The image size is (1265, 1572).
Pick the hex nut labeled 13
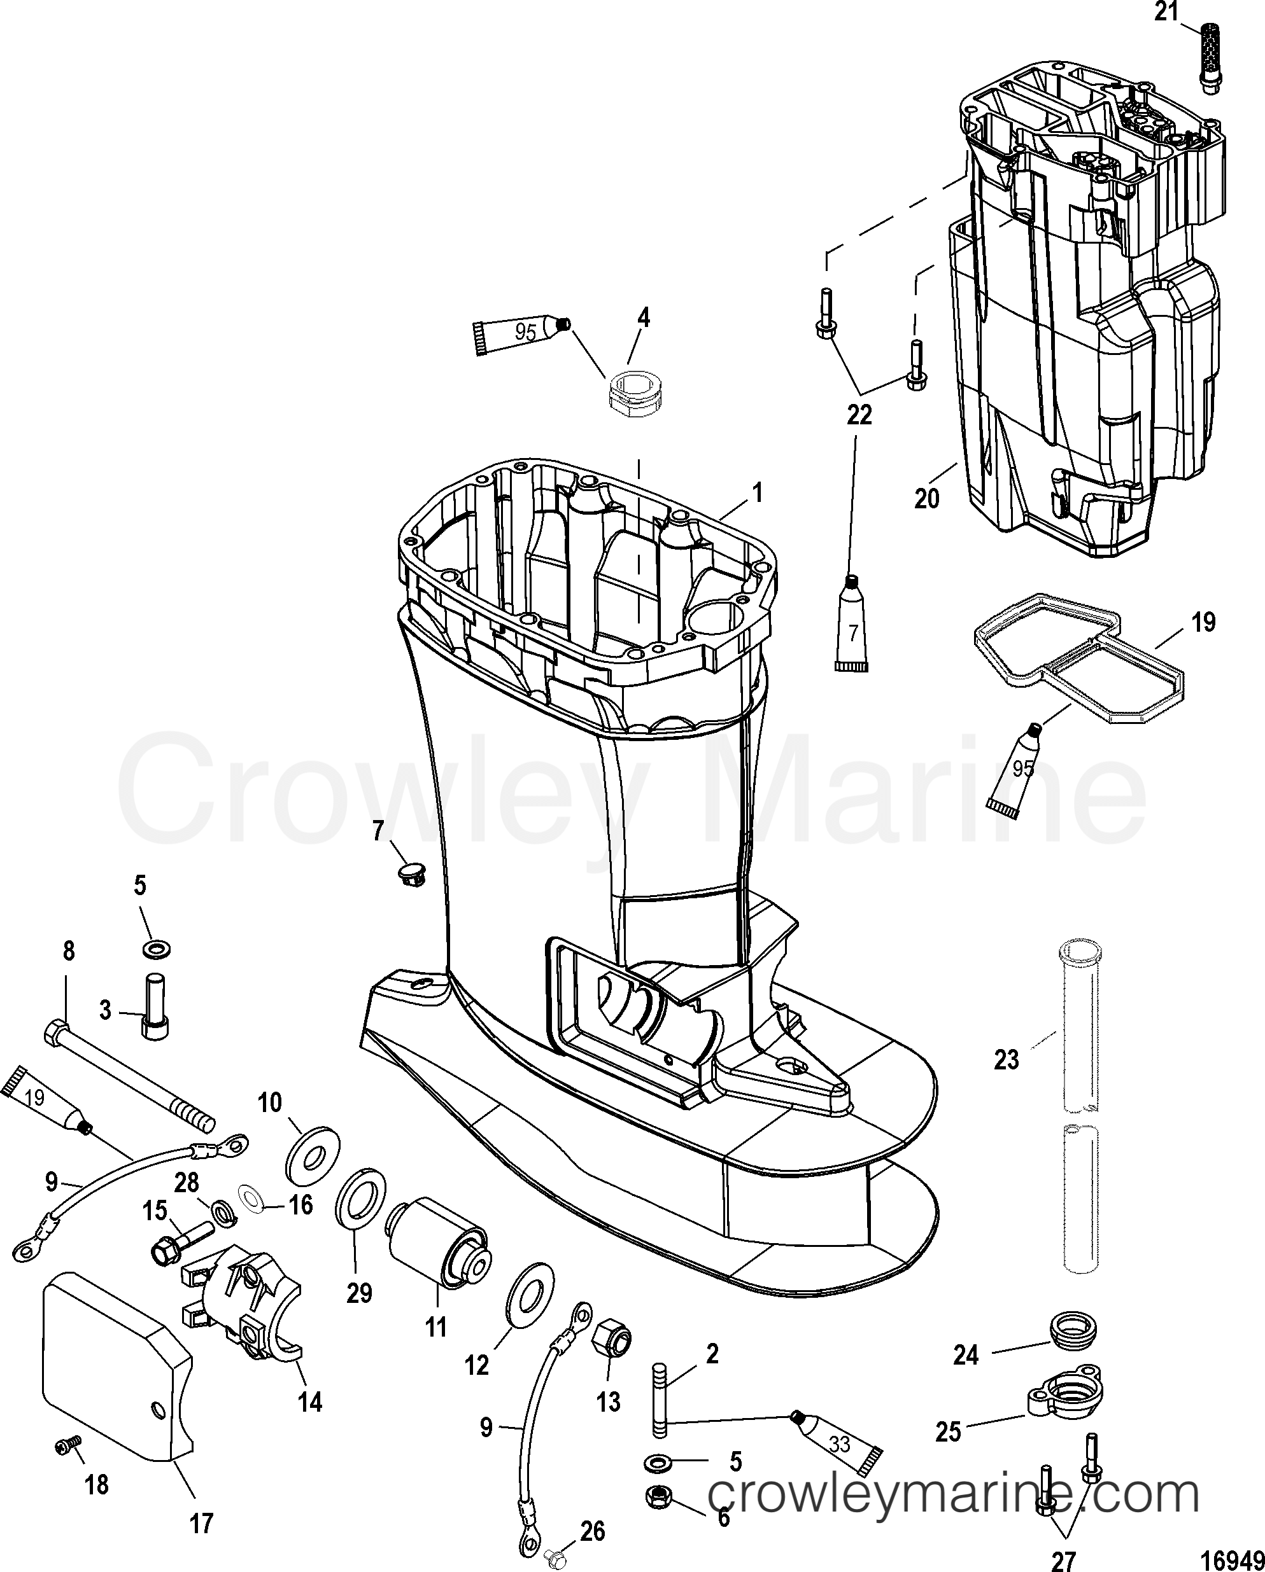614,1338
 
